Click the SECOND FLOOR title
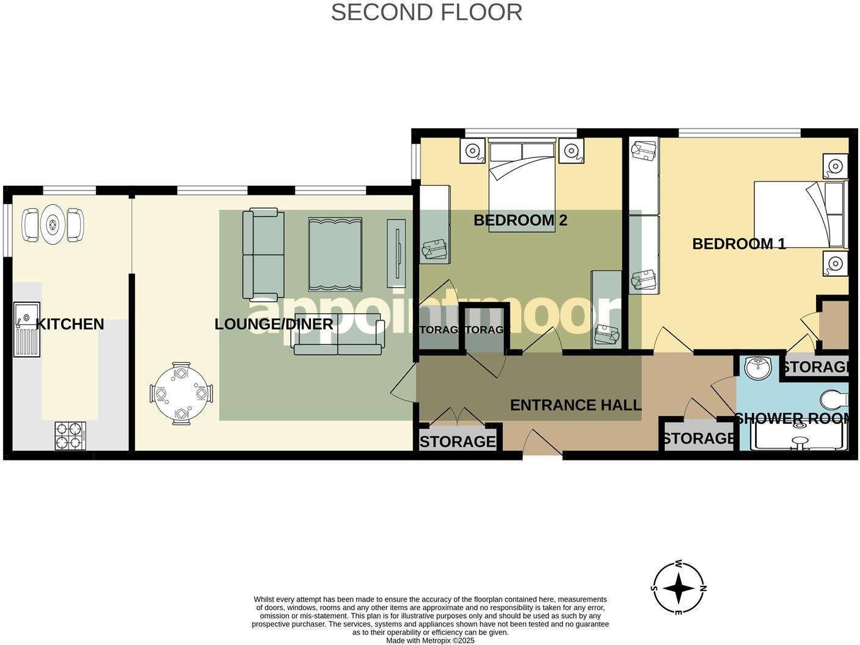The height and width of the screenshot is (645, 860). (426, 12)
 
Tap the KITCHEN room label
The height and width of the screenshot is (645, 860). (70, 324)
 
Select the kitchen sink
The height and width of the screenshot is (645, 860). (27, 329)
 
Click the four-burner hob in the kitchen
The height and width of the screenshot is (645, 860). (70, 435)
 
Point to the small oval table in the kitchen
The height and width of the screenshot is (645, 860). (53, 225)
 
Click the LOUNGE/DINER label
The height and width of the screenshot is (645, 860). (274, 324)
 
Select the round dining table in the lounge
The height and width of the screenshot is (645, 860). (181, 394)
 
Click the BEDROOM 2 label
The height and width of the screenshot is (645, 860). (520, 220)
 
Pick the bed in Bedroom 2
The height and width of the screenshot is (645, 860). (522, 180)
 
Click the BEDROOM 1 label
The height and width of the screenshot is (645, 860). (738, 244)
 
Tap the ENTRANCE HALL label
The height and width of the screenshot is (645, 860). (575, 405)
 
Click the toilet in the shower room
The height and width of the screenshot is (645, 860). (834, 400)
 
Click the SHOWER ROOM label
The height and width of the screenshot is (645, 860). (792, 419)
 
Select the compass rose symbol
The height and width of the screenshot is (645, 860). (678, 589)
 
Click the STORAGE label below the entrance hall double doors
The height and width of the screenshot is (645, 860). (457, 441)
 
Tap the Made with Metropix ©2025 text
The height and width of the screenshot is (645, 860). (430, 641)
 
